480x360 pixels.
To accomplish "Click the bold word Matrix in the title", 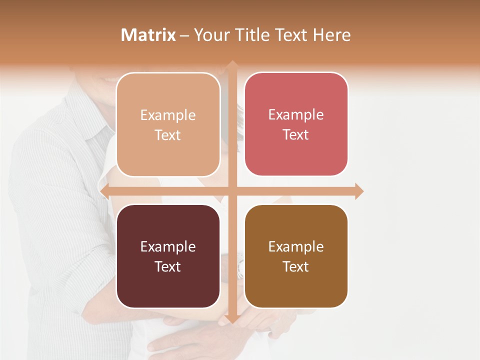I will click(x=148, y=35).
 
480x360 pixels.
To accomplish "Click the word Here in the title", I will click(x=332, y=35).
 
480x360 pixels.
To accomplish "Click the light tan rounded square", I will click(x=168, y=124).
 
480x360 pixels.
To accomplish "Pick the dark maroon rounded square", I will click(x=168, y=256).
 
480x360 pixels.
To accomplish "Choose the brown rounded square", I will click(x=296, y=256).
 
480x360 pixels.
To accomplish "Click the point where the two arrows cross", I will click(x=232, y=191).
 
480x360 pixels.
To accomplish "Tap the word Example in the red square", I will click(x=296, y=114).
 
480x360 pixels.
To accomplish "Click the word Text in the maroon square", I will click(x=168, y=266).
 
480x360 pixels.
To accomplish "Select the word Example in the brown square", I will click(x=296, y=246).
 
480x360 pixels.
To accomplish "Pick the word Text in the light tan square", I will click(x=168, y=135).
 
